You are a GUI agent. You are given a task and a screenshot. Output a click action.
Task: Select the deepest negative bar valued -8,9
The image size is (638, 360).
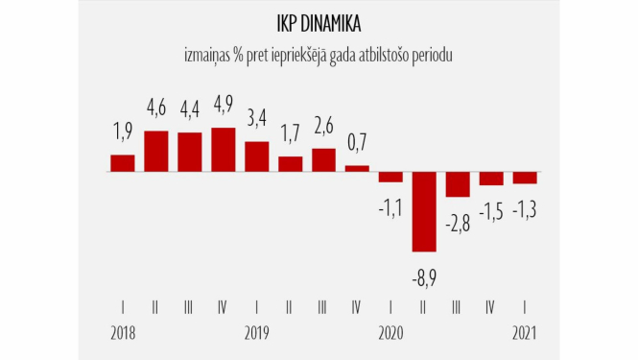pyautogui.click(x=424, y=212)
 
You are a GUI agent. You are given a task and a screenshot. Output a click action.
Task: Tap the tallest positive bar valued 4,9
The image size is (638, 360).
pyautogui.click(x=223, y=150)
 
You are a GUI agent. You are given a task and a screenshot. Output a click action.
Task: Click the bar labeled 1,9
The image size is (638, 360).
pyautogui.click(x=123, y=163)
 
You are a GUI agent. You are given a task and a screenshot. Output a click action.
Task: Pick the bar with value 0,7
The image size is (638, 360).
pyautogui.click(x=357, y=169)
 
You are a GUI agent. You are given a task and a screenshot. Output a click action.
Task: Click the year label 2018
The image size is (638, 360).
pyautogui.click(x=123, y=333)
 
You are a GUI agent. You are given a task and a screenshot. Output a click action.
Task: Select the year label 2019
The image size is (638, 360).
pyautogui.click(x=256, y=333)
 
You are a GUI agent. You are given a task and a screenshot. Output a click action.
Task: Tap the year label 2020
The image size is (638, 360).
pyautogui.click(x=390, y=333)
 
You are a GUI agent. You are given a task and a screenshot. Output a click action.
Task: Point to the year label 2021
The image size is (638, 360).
pyautogui.click(x=524, y=333)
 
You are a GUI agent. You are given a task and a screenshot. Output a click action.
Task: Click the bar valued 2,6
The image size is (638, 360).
pyautogui.click(x=323, y=160)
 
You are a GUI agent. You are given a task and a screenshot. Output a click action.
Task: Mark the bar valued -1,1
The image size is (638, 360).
pyautogui.click(x=390, y=177)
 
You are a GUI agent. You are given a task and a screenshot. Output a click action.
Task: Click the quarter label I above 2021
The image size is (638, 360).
pyautogui.click(x=524, y=307)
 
